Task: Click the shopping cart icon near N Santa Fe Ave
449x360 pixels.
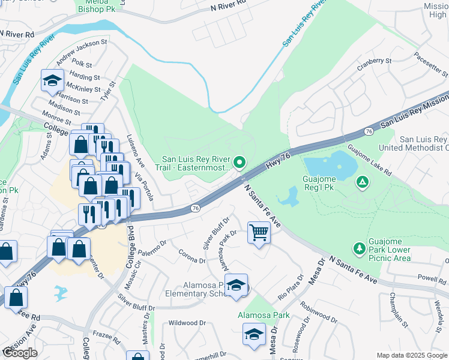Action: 259,232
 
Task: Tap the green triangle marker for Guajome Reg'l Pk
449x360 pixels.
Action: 363,182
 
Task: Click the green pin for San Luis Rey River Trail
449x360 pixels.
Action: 240,162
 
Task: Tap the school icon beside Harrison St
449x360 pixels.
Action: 52,80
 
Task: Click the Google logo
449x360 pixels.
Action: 20,353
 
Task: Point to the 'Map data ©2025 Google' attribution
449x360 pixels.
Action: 411,355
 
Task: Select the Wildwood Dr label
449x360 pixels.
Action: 187,323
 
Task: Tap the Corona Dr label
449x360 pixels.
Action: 192,256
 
